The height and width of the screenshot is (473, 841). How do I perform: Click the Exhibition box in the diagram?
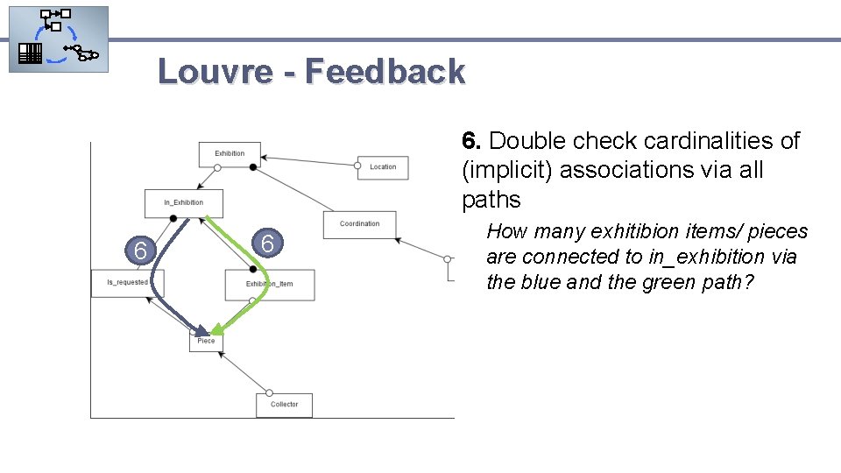pyautogui.click(x=230, y=153)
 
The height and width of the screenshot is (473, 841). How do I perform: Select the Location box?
pyautogui.click(x=383, y=166)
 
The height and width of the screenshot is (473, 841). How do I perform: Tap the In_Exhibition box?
pyautogui.click(x=184, y=203)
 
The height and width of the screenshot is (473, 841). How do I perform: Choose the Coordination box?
pyautogui.click(x=359, y=224)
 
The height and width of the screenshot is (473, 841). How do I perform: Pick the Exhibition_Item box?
pyautogui.click(x=269, y=285)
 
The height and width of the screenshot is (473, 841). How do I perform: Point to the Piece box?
pyautogui.click(x=206, y=341)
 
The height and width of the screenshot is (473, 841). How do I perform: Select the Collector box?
pyautogui.click(x=284, y=405)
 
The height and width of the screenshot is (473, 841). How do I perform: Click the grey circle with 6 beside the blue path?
pyautogui.click(x=140, y=251)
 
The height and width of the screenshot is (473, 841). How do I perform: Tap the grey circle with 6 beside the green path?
pyautogui.click(x=269, y=244)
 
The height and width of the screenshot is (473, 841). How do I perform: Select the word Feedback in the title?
pyautogui.click(x=385, y=71)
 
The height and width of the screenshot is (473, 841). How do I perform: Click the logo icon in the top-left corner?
pyautogui.click(x=59, y=39)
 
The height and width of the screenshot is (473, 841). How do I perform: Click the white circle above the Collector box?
pyautogui.click(x=270, y=393)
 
